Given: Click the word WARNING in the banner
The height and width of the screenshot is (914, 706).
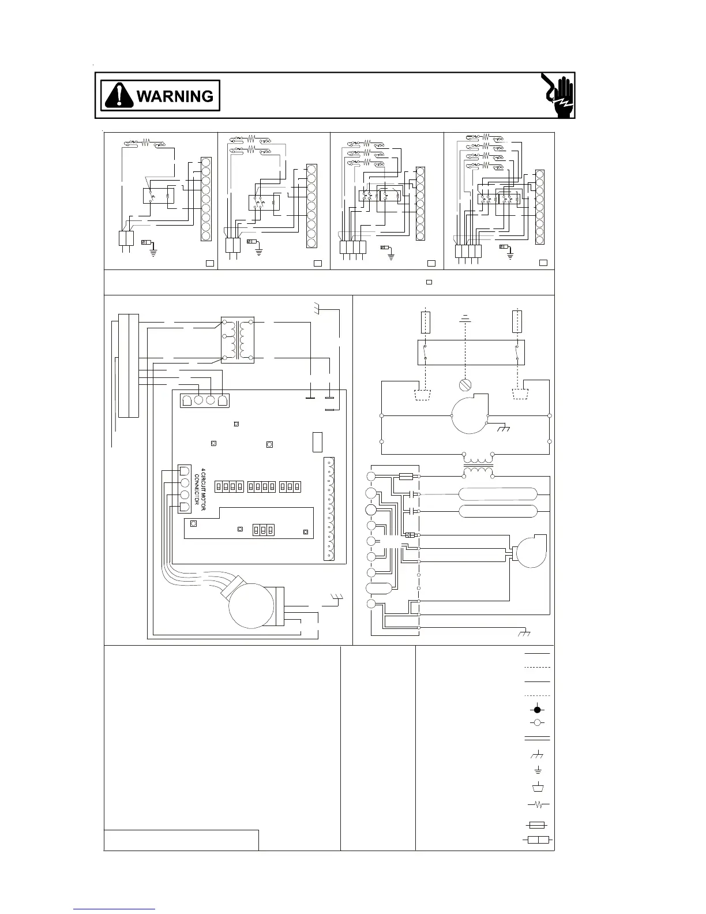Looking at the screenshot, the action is pyautogui.click(x=175, y=96).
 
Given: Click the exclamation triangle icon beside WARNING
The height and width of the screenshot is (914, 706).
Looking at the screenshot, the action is pyautogui.click(x=119, y=96).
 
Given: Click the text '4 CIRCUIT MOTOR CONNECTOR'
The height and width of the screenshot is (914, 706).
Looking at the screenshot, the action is pyautogui.click(x=200, y=486).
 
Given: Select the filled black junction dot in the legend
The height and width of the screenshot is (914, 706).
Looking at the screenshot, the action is pyautogui.click(x=537, y=710).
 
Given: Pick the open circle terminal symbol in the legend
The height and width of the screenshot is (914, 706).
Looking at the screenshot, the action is pyautogui.click(x=537, y=722).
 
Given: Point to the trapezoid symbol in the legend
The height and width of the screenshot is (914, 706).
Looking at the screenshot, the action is pyautogui.click(x=537, y=788).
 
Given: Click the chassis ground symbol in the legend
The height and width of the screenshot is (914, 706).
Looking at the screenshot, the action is pyautogui.click(x=537, y=755).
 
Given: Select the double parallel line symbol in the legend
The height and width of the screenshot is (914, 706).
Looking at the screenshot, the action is pyautogui.click(x=537, y=739).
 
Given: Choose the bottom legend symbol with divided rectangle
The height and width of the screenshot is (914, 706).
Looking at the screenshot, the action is pyautogui.click(x=537, y=840).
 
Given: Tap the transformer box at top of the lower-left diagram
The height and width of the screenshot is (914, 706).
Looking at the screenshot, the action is pyautogui.click(x=238, y=340).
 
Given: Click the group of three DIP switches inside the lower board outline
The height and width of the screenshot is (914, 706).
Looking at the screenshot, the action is pyautogui.click(x=263, y=530).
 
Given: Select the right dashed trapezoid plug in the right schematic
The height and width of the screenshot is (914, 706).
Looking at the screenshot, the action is pyautogui.click(x=521, y=394).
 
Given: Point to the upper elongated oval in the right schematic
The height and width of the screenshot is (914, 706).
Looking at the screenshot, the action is pyautogui.click(x=498, y=495).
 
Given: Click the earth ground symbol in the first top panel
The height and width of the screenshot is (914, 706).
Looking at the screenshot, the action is pyautogui.click(x=153, y=252).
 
